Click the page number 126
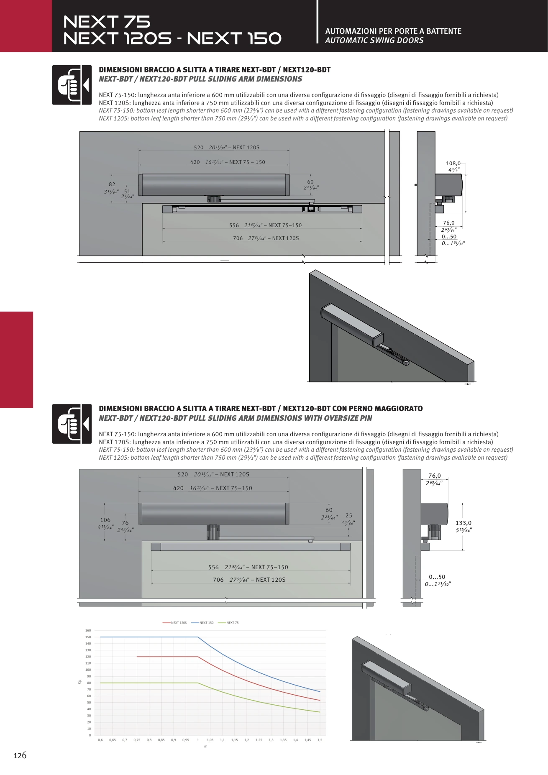(20, 755)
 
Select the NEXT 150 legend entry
(202, 623)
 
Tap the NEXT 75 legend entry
(228, 623)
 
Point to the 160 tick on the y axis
(88, 630)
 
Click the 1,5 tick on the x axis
(320, 740)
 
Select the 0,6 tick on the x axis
(100, 740)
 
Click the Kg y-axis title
(79, 682)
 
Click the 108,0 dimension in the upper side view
(453, 164)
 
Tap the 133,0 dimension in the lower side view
(463, 523)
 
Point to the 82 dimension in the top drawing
(112, 184)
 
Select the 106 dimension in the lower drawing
(105, 520)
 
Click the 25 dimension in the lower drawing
(349, 515)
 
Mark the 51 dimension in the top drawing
(127, 191)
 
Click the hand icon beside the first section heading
(72, 85)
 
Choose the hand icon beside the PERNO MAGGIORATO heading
(72, 424)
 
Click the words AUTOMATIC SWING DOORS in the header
(374, 41)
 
